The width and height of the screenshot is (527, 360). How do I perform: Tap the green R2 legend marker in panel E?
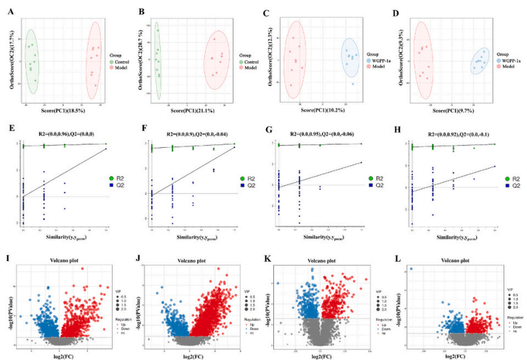(x=113, y=178)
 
